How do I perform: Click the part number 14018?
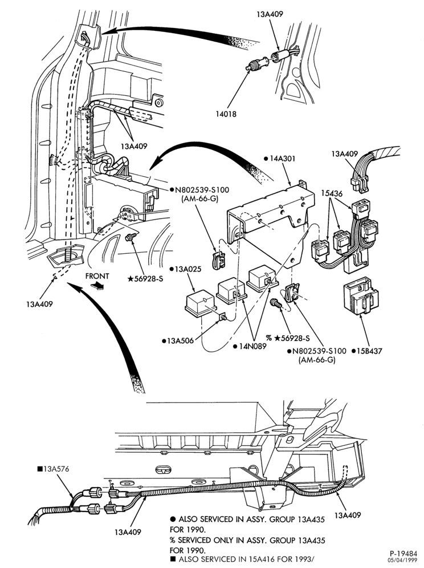(x=226, y=114)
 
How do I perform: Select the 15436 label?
(x=332, y=193)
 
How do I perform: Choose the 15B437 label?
(x=367, y=351)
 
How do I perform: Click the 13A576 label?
(x=53, y=469)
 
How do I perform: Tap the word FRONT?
(x=97, y=276)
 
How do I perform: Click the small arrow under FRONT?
(x=97, y=285)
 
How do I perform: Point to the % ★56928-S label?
(x=288, y=338)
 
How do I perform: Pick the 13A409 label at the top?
(x=270, y=14)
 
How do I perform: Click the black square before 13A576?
(x=40, y=469)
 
